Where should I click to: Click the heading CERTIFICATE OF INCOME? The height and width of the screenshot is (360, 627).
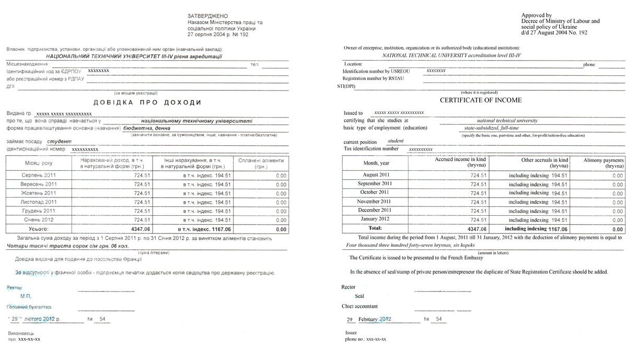click(480, 100)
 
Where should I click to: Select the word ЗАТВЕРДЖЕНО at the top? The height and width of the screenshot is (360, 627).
click(208, 16)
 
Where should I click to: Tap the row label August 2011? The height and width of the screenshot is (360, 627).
click(376, 175)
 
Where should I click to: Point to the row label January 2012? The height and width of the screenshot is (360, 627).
click(375, 219)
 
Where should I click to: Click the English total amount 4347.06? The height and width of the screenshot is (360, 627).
click(477, 229)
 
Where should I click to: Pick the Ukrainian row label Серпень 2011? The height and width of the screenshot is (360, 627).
click(38, 176)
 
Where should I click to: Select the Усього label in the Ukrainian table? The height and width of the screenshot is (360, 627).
click(38, 229)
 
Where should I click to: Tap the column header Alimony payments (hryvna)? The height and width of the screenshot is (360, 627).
click(604, 162)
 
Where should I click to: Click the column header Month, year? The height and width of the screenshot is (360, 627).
click(376, 163)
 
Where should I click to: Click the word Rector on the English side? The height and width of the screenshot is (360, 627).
click(348, 287)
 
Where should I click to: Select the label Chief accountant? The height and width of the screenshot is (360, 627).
click(359, 306)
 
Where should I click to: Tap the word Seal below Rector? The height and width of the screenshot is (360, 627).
click(359, 296)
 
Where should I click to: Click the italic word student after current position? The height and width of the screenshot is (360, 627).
click(396, 141)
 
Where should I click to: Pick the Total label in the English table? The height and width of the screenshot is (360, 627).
click(375, 228)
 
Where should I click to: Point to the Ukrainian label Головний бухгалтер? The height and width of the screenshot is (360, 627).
click(29, 307)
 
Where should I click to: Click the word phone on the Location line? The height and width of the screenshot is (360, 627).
click(589, 65)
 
